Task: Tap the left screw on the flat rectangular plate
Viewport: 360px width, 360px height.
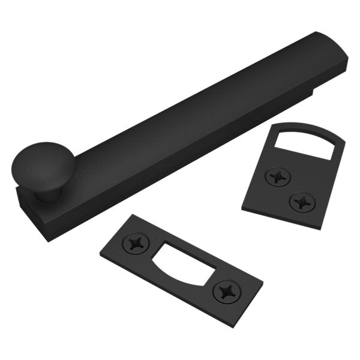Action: (x=136, y=243)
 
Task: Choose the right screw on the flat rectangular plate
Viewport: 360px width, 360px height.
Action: (x=226, y=292)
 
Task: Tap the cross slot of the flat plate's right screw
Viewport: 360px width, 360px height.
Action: (x=226, y=292)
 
